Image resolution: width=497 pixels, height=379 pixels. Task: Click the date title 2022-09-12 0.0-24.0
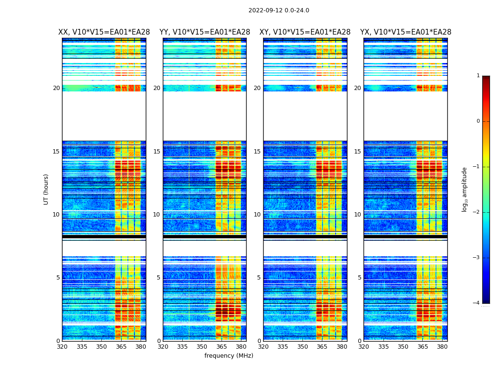pyautogui.click(x=278, y=10)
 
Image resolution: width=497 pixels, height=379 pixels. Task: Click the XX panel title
pyautogui.click(x=104, y=32)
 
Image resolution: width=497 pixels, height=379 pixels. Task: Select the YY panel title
pyautogui.click(x=204, y=32)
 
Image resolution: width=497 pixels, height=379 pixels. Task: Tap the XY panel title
pyautogui.click(x=305, y=32)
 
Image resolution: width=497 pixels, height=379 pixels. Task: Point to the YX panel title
pyautogui.click(x=406, y=32)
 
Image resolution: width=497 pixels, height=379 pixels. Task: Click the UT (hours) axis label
pyautogui.click(x=46, y=189)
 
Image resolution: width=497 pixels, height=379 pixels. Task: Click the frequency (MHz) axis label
pyautogui.click(x=229, y=356)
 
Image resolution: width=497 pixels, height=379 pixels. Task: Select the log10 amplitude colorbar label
pyautogui.click(x=465, y=189)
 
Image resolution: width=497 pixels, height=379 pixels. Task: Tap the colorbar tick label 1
pyautogui.click(x=478, y=76)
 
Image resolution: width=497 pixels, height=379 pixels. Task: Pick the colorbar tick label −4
pyautogui.click(x=477, y=303)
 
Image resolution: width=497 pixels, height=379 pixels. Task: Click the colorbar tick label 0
pyautogui.click(x=478, y=121)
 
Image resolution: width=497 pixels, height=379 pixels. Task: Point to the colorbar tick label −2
pyautogui.click(x=477, y=212)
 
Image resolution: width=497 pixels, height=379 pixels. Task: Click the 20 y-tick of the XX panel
pyautogui.click(x=57, y=88)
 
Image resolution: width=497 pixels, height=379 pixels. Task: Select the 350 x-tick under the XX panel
pyautogui.click(x=101, y=346)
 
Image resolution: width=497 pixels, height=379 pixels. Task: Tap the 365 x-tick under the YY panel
pyautogui.click(x=222, y=346)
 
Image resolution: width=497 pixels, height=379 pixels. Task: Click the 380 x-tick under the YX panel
pyautogui.click(x=442, y=346)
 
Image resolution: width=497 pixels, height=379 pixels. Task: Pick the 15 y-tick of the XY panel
pyautogui.click(x=257, y=152)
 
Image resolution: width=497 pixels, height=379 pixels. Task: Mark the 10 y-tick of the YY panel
pyautogui.click(x=157, y=215)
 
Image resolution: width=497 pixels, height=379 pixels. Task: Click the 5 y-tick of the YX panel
pyautogui.click(x=360, y=278)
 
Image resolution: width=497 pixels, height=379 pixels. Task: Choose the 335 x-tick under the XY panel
pyautogui.click(x=283, y=346)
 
